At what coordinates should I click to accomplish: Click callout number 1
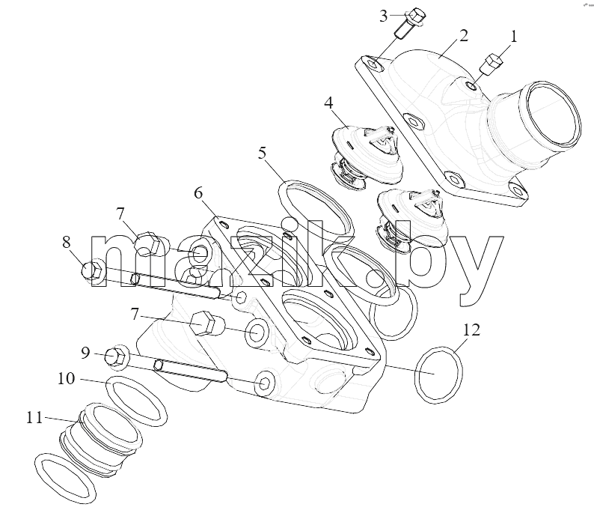pos(513,37)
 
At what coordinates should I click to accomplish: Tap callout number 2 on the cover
pos(464,36)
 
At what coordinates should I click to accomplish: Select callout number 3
pos(384,16)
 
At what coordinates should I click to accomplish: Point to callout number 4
pos(328,103)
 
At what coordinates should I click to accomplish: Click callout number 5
pos(262,154)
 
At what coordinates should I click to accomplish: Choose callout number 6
pos(198,193)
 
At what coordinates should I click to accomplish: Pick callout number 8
pos(67,242)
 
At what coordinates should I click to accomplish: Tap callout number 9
pos(85,353)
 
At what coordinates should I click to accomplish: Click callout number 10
pos(67,378)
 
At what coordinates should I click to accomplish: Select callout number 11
pos(34,418)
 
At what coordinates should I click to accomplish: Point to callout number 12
pos(471,330)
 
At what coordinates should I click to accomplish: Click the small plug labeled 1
pos(492,64)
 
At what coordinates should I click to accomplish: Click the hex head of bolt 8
pos(91,270)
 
